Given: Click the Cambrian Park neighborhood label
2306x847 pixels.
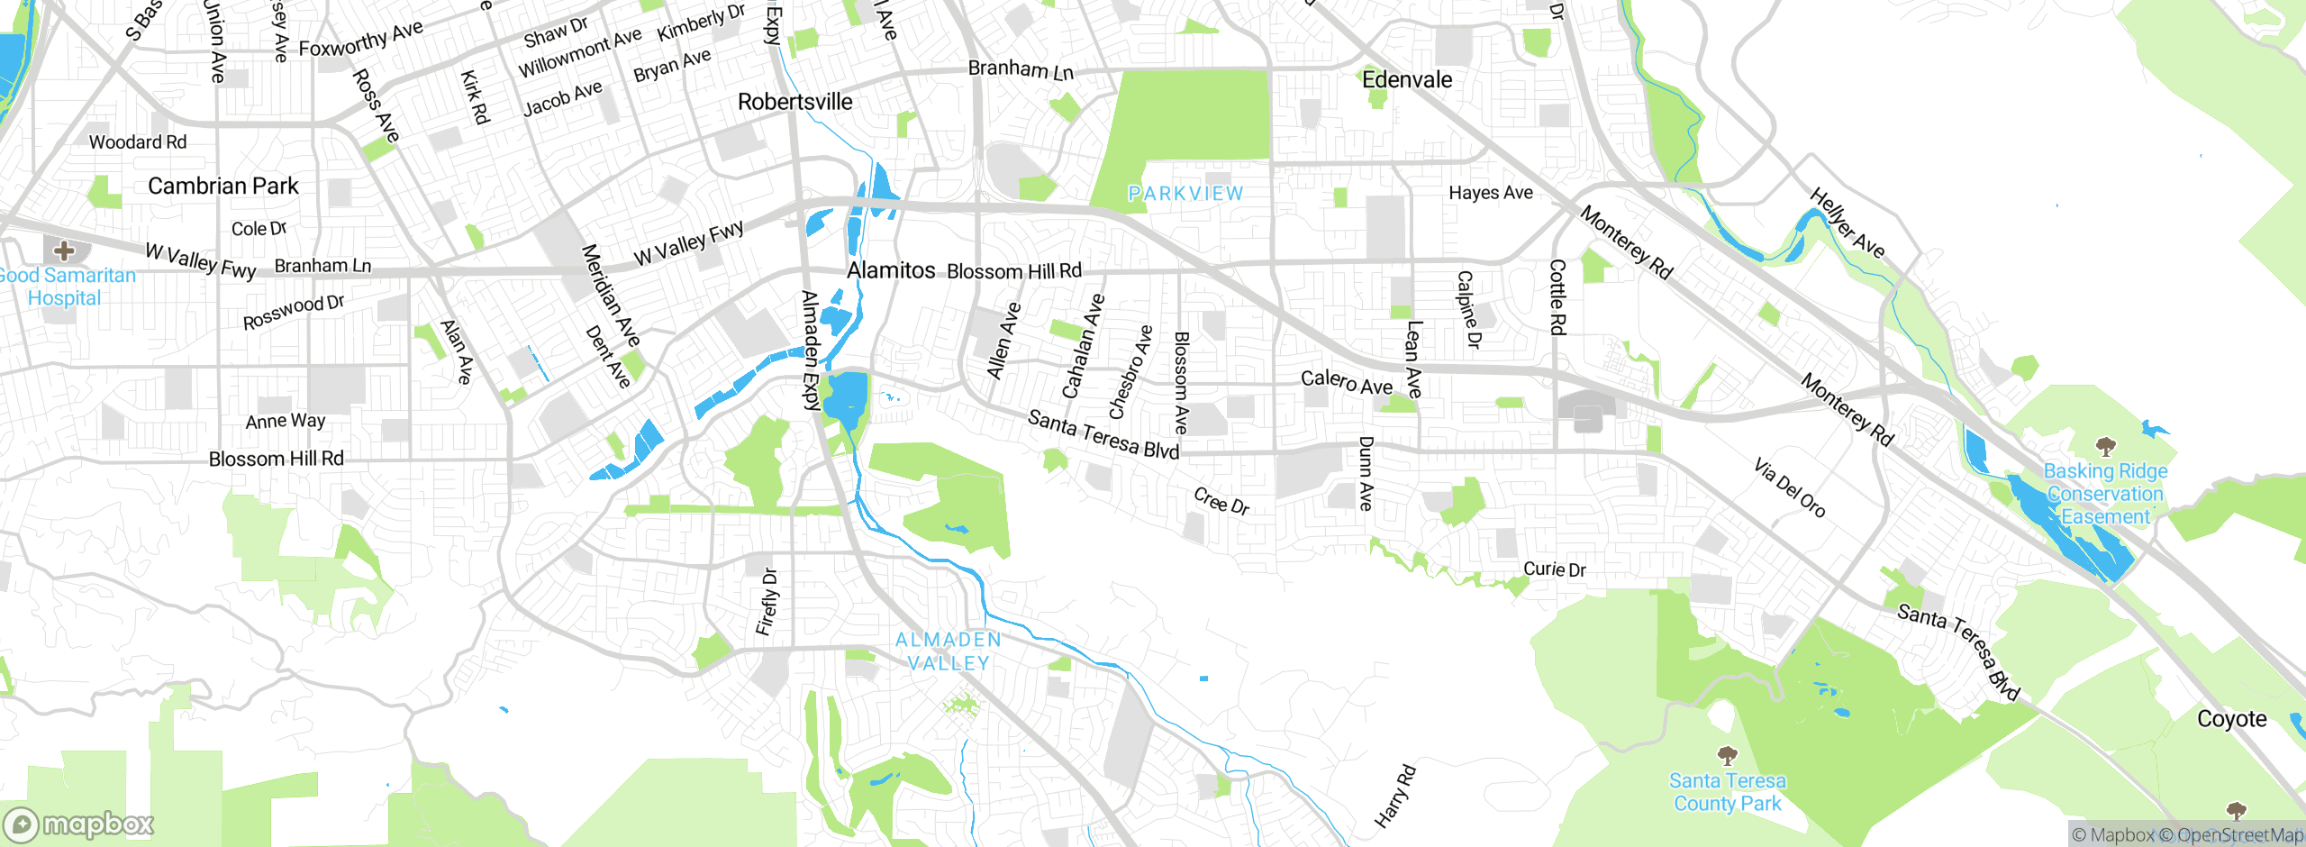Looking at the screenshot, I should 222,187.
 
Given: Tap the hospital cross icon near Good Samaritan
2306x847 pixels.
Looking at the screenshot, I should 64,250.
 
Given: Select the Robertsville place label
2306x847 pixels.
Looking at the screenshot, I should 794,102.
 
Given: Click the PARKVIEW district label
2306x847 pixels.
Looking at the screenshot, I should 1185,194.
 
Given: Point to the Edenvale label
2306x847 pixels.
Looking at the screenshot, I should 1407,80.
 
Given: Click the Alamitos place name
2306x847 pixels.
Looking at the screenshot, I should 891,270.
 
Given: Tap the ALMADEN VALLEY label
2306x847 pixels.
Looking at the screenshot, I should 948,651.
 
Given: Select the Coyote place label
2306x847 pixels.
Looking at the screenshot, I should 2231,719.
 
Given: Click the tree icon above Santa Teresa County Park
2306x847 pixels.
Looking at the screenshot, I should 1727,755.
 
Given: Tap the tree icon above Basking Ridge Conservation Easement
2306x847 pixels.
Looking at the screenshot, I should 2105,446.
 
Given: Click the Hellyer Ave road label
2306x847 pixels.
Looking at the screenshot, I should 1847,223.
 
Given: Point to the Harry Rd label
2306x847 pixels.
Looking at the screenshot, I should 1395,797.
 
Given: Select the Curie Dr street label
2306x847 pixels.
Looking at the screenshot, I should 1554,569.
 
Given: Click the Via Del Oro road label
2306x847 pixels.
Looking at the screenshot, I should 1789,488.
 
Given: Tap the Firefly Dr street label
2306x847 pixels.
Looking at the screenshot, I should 767,602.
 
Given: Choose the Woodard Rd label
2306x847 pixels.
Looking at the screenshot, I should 138,142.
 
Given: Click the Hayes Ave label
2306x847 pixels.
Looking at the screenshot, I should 1490,193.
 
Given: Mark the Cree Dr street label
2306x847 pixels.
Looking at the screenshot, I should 1221,501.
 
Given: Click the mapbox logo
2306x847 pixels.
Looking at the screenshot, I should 79,824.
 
